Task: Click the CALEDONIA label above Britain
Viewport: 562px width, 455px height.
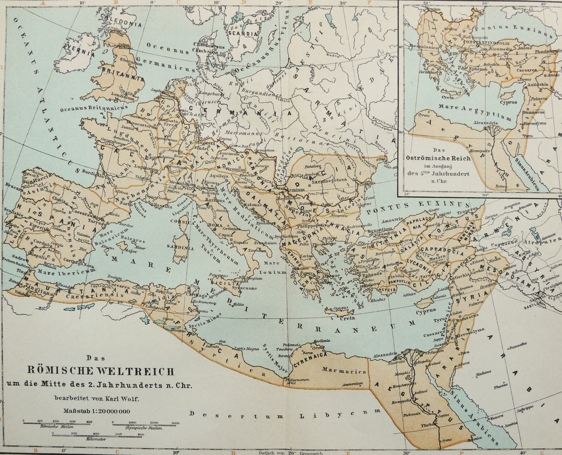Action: coord(120,24)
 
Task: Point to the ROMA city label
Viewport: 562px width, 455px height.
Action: coord(215,224)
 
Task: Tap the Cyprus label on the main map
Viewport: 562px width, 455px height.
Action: coord(426,312)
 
